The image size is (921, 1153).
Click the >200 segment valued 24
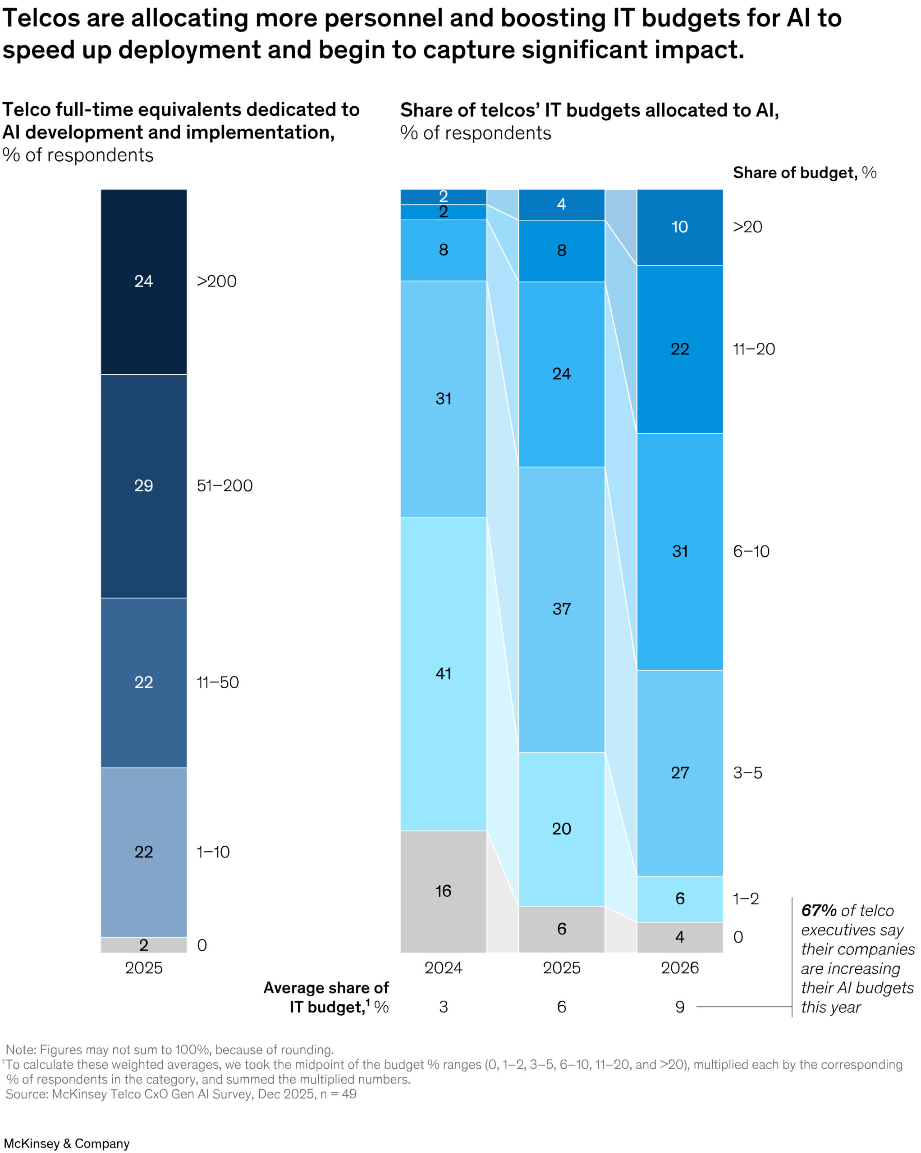pyautogui.click(x=143, y=281)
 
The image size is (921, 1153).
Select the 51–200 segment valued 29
pyautogui.click(x=143, y=486)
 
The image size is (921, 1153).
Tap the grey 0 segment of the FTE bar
pyautogui.click(x=143, y=945)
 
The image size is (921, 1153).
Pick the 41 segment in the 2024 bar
pyautogui.click(x=443, y=673)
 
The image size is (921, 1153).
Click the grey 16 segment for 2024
pyautogui.click(x=443, y=891)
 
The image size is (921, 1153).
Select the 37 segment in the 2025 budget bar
pyautogui.click(x=561, y=608)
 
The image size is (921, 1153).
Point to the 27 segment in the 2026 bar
pyautogui.click(x=680, y=773)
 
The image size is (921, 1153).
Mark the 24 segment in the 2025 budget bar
pyautogui.click(x=561, y=374)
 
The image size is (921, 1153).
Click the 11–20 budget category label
pyautogui.click(x=753, y=349)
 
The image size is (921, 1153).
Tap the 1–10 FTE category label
pyautogui.click(x=213, y=852)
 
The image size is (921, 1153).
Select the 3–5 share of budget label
pyautogui.click(x=747, y=773)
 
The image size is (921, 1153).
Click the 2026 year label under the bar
pyautogui.click(x=680, y=968)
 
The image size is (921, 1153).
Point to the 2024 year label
pyautogui.click(x=443, y=968)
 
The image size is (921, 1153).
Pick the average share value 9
pyautogui.click(x=680, y=1007)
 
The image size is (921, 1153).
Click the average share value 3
pyautogui.click(x=443, y=1007)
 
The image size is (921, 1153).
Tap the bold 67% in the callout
pyautogui.click(x=819, y=911)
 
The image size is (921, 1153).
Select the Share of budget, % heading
pyautogui.click(x=804, y=173)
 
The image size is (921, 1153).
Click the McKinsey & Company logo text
pyautogui.click(x=67, y=1144)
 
